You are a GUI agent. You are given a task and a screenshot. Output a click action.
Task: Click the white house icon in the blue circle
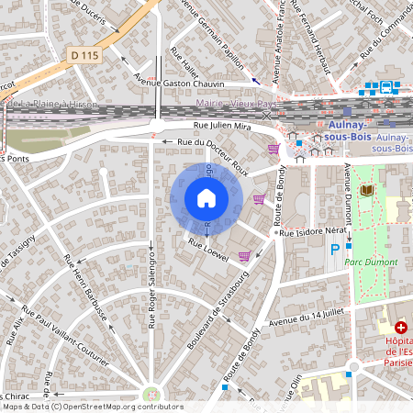[206, 197]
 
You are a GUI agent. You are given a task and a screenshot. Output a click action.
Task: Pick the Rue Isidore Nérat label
[315, 234]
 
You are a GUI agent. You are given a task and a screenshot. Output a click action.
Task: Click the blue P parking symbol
[335, 249]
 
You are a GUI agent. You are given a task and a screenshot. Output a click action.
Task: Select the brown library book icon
[367, 190]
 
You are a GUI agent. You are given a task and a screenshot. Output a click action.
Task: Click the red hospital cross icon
[401, 328]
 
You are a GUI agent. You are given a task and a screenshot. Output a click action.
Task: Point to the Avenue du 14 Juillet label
[312, 318]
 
